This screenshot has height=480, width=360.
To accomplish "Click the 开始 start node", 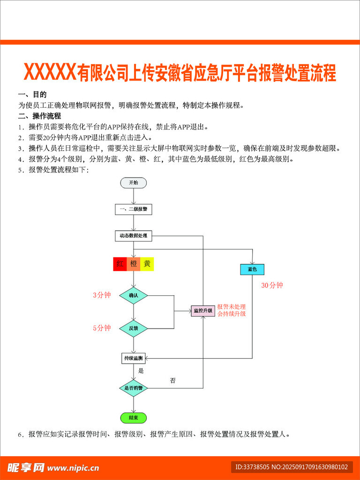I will (134, 183).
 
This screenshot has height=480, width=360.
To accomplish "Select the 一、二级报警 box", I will (134, 209).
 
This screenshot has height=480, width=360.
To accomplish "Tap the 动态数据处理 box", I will (134, 236).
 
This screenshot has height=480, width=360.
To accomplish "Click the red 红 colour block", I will (120, 264).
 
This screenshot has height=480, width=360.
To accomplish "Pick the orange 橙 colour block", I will (134, 264).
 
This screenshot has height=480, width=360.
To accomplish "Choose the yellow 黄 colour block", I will (147, 264).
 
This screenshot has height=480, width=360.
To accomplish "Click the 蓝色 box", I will (252, 270).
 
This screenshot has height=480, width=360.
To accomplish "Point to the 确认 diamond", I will (134, 295).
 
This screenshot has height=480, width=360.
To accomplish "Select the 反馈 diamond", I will (134, 328).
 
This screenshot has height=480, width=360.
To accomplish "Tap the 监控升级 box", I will (203, 310).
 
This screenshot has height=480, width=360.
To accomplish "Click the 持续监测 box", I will (134, 359).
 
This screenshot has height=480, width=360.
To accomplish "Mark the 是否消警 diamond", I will (134, 388).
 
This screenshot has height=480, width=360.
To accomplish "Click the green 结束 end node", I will (134, 417).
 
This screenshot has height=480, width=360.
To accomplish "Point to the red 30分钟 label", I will (272, 285).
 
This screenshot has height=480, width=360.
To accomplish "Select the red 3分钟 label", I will (102, 295).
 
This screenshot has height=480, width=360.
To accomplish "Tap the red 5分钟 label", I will (102, 328).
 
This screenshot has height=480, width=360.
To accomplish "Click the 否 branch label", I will (172, 381).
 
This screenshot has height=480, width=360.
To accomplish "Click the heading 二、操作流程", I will (39, 116).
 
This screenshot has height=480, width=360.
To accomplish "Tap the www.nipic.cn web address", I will (73, 467).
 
